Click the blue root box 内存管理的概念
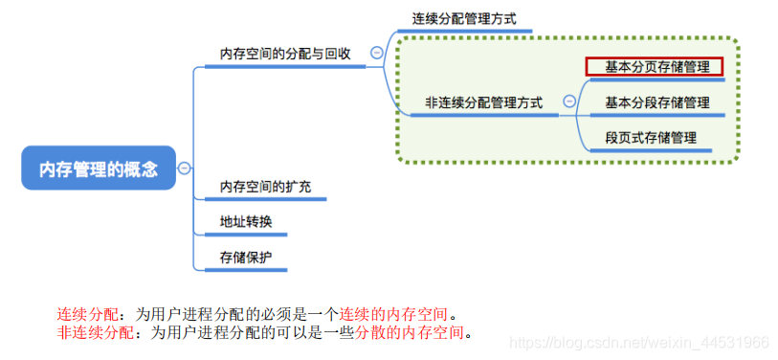pos(99,169)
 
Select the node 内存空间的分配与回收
pos(285,54)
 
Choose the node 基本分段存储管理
pos(656,101)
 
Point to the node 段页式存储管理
pos(651,137)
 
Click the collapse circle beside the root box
pos(184,169)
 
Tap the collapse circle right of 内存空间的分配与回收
pos(376,54)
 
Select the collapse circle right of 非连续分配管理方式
pos(570,101)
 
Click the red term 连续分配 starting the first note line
pos(85,315)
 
